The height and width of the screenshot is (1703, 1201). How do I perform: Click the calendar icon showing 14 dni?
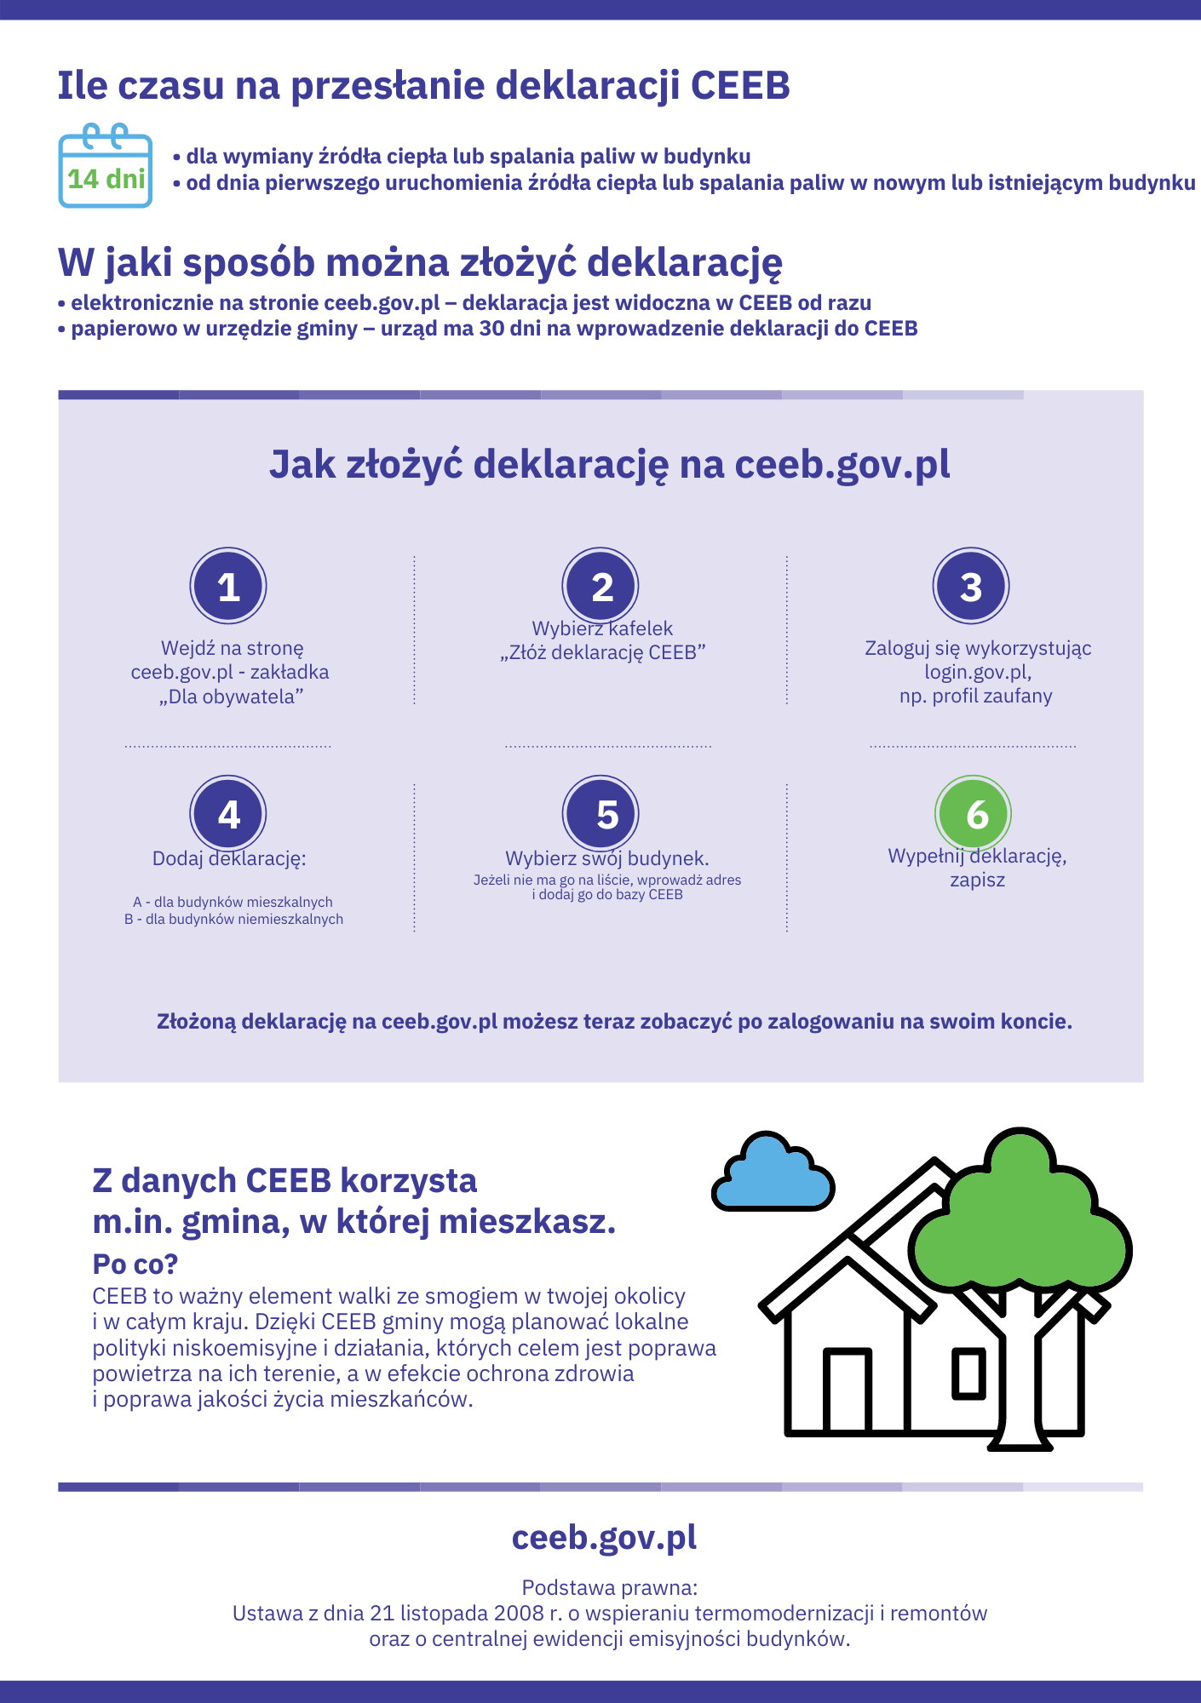[x=106, y=168]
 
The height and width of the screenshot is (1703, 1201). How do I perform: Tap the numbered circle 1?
[x=228, y=586]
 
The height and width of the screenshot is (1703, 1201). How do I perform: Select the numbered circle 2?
[x=600, y=586]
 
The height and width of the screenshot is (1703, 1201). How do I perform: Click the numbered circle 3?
[x=971, y=586]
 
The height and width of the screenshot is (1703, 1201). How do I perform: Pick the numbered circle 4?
[x=228, y=814]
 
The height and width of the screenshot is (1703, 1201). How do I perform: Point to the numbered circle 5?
[x=600, y=814]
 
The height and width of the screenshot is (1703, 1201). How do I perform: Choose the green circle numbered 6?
[x=973, y=814]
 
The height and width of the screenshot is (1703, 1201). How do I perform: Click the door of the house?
[x=848, y=1390]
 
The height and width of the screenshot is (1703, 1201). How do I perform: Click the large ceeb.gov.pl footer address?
[x=604, y=1538]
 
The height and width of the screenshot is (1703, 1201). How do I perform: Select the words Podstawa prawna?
[x=610, y=1587]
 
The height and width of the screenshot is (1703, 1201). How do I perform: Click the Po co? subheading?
[x=135, y=1264]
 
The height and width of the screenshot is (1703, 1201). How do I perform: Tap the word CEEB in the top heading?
[x=740, y=86]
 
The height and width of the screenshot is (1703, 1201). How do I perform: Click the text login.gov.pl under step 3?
[x=978, y=672]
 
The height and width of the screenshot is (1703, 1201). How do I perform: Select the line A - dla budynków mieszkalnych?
[x=233, y=902]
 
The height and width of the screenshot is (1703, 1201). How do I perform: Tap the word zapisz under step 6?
[x=978, y=880]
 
